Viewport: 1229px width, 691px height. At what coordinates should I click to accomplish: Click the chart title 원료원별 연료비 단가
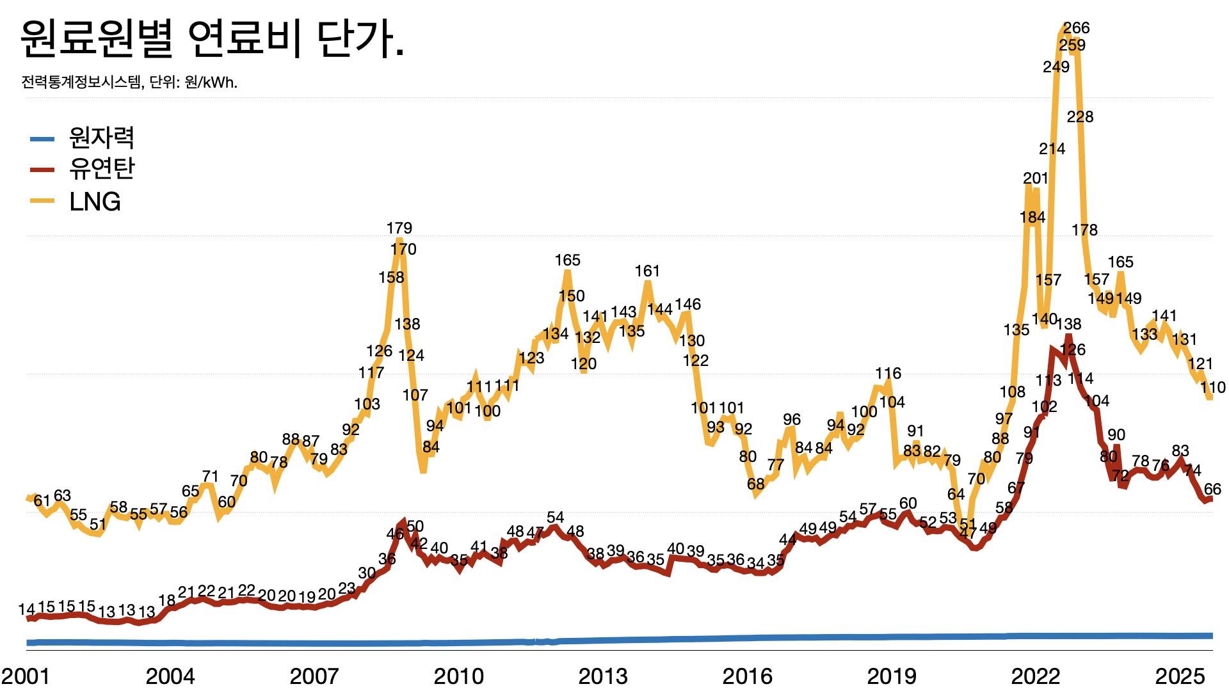click(213, 40)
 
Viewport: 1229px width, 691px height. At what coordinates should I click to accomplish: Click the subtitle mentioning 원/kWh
click(129, 83)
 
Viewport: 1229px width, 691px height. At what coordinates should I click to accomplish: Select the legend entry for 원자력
click(101, 138)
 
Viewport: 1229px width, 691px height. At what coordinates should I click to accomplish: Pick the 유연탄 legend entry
click(101, 169)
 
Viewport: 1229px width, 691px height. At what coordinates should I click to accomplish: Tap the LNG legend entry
click(95, 202)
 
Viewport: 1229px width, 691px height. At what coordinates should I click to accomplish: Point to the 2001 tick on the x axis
click(26, 676)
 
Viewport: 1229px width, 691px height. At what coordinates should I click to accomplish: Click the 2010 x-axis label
click(458, 676)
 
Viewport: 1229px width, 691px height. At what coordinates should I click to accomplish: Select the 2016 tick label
click(747, 676)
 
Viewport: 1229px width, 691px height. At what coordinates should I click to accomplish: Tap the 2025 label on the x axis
click(1180, 676)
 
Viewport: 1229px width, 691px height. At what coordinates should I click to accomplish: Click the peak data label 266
click(1076, 28)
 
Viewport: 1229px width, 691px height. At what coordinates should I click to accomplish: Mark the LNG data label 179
click(399, 228)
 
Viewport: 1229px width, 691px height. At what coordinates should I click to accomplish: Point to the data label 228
click(1080, 117)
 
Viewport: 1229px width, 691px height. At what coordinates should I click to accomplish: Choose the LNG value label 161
click(647, 271)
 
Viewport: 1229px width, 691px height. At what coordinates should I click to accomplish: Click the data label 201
click(1035, 179)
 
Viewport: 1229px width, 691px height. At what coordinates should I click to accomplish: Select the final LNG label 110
click(1212, 388)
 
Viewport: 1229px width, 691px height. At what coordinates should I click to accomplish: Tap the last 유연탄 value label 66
click(1212, 489)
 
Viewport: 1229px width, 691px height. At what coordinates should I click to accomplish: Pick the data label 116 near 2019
click(888, 374)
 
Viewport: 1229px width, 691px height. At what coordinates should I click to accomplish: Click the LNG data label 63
click(62, 496)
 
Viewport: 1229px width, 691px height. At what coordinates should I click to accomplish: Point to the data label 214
click(1052, 149)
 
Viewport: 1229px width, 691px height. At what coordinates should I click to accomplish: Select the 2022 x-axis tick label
click(1036, 676)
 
